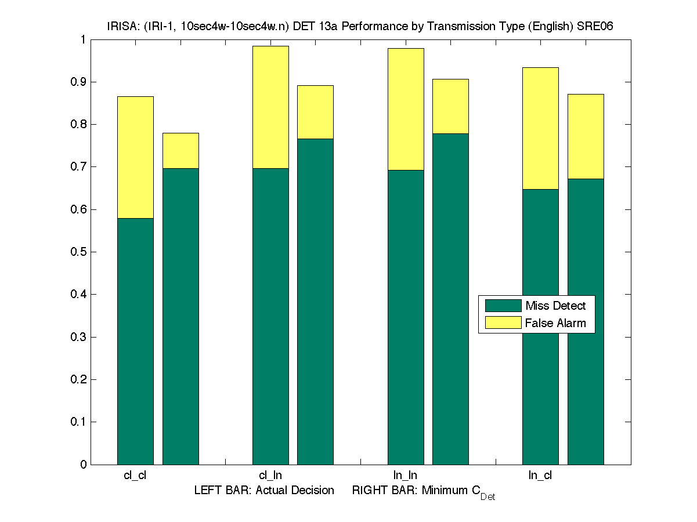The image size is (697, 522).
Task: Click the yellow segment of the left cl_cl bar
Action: point(135,157)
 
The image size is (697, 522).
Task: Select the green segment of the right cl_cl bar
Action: point(180,316)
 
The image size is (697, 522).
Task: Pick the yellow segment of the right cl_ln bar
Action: point(315,112)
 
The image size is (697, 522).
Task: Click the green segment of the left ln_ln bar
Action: point(406,317)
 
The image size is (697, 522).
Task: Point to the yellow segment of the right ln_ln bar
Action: point(450,106)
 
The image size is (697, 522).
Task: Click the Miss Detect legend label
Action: point(555,306)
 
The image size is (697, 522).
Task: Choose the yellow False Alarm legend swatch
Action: point(503,323)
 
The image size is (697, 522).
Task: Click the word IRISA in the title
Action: point(121,26)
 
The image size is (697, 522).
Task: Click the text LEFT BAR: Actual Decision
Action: point(264,491)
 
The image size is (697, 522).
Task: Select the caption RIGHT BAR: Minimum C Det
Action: point(423,492)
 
